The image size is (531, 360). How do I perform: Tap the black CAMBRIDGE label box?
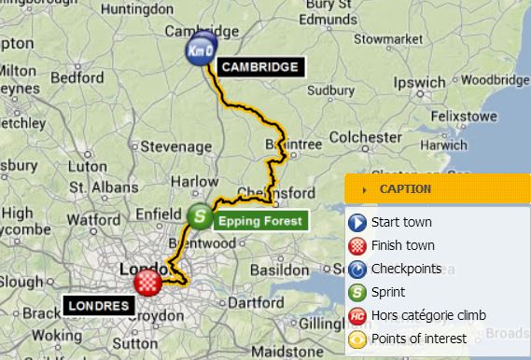(x=260, y=67)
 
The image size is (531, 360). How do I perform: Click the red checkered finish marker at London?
(x=148, y=282)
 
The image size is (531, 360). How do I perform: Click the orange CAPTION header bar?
(x=438, y=188)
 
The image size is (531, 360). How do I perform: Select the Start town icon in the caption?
(x=356, y=223)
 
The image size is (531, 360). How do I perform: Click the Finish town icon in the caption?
(x=356, y=246)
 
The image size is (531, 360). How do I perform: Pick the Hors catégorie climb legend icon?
(x=356, y=316)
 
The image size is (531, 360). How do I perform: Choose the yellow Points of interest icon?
(x=356, y=339)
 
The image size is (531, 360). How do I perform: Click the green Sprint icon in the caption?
(x=356, y=293)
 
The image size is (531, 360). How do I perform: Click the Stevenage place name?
(x=175, y=146)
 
